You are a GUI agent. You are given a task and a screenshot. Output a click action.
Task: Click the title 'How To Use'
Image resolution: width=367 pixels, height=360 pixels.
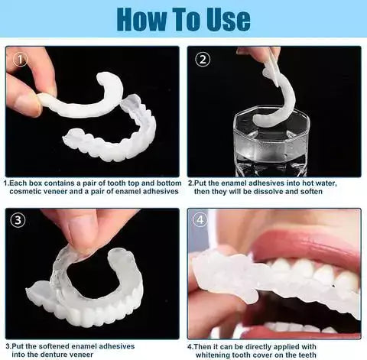pyautogui.click(x=183, y=18)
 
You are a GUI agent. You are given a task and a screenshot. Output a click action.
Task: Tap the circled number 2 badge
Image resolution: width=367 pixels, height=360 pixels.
pyautogui.click(x=203, y=59)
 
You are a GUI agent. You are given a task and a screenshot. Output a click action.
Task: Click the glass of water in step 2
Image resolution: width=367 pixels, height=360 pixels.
pyautogui.click(x=270, y=141)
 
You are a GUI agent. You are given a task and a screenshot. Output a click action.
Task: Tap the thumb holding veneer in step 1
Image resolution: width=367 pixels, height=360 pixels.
pyautogui.click(x=23, y=99)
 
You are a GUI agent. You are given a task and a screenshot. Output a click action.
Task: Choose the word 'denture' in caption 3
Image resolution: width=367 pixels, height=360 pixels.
pyautogui.click(x=65, y=355)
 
